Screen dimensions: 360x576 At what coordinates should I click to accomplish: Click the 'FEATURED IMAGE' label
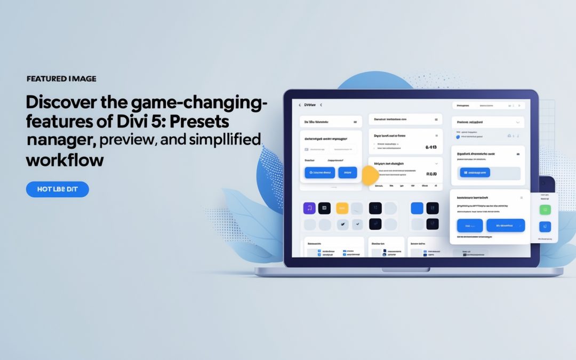pyautogui.click(x=61, y=79)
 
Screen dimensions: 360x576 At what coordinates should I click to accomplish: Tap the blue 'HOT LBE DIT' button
pyautogui.click(x=58, y=189)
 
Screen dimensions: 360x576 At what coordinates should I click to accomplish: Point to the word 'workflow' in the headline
pyautogui.click(x=65, y=159)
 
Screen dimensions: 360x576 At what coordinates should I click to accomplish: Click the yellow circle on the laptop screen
pyautogui.click(x=370, y=175)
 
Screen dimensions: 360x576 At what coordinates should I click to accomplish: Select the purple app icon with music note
pyautogui.click(x=309, y=208)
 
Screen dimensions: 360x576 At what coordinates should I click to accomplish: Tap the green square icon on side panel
pyautogui.click(x=545, y=210)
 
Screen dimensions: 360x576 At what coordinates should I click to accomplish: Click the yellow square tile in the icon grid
pyautogui.click(x=342, y=208)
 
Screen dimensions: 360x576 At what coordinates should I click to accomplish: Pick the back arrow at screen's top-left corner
pyautogui.click(x=300, y=106)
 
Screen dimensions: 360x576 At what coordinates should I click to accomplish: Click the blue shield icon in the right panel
pyautogui.click(x=458, y=137)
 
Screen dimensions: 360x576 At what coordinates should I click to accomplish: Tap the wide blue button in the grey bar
pyautogui.click(x=474, y=173)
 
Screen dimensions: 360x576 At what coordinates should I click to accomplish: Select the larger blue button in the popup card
pyautogui.click(x=505, y=225)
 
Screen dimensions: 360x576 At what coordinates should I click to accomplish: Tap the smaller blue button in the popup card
pyautogui.click(x=470, y=225)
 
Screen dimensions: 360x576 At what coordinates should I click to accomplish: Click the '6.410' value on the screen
pyautogui.click(x=431, y=147)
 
